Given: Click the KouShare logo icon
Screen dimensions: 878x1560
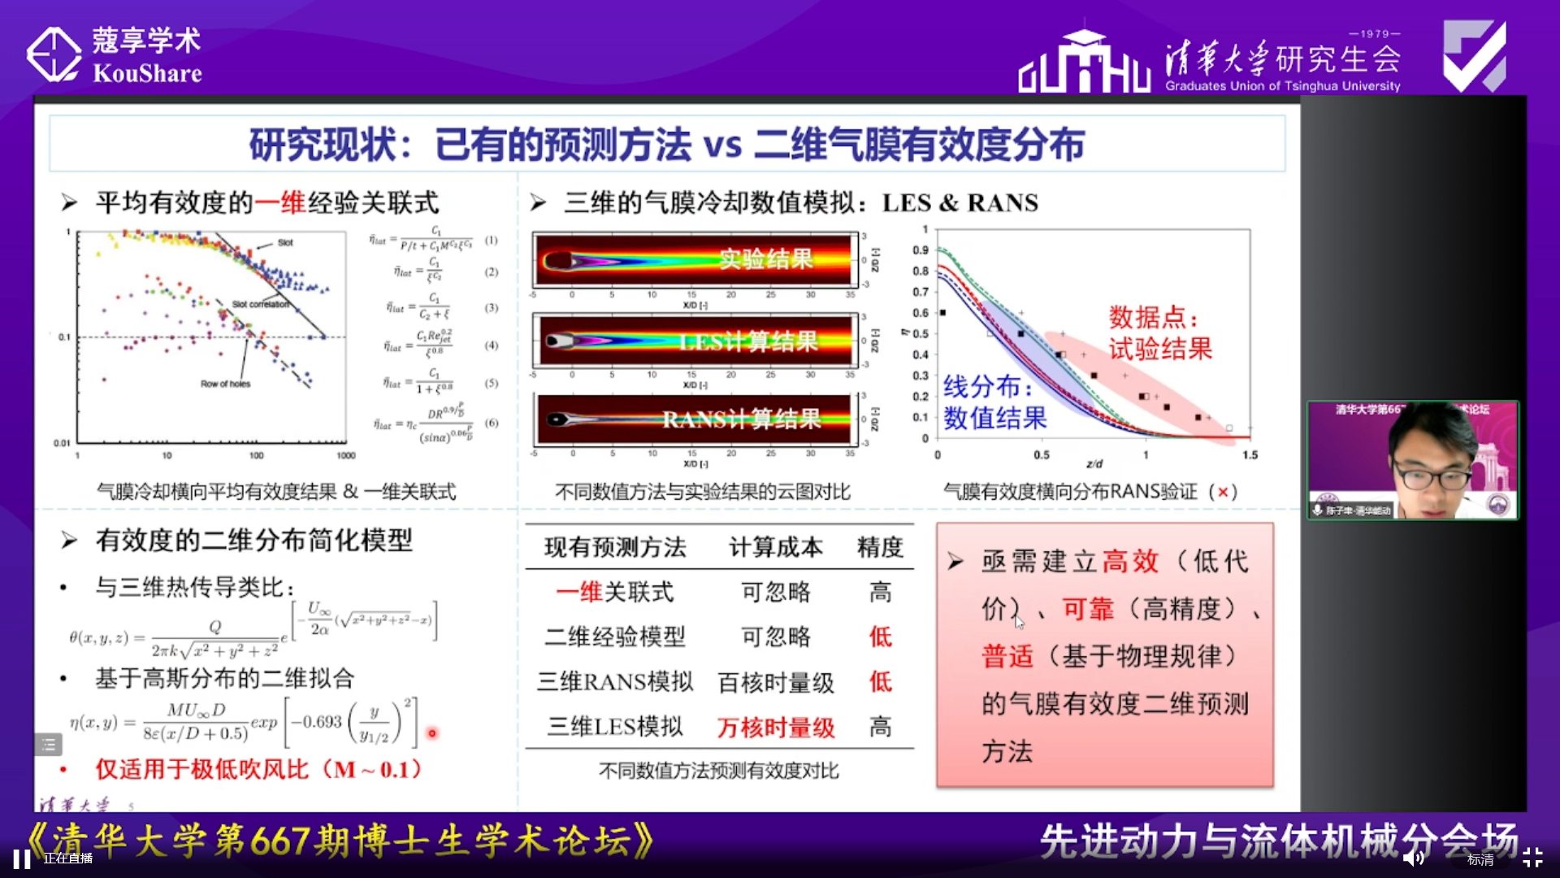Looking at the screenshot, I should pyautogui.click(x=54, y=55).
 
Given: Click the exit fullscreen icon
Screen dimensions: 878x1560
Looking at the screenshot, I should pyautogui.click(x=1532, y=858).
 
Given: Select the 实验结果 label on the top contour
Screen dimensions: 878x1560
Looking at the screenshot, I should pyautogui.click(x=765, y=259).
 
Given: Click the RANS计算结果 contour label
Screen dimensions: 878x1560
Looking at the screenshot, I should pyautogui.click(x=741, y=419).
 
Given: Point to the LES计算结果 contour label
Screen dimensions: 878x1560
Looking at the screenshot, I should pyautogui.click(x=748, y=342).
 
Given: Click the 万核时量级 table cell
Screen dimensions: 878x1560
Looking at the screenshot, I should pyautogui.click(x=776, y=728).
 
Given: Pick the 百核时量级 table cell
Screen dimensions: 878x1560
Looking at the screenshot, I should pyautogui.click(x=776, y=683).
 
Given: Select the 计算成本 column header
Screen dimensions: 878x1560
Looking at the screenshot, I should pyautogui.click(x=775, y=548).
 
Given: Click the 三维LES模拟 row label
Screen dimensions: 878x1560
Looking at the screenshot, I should pyautogui.click(x=615, y=727).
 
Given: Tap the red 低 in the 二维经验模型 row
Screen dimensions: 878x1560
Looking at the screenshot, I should pyautogui.click(x=880, y=637).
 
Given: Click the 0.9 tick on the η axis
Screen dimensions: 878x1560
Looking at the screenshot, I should pyautogui.click(x=920, y=250).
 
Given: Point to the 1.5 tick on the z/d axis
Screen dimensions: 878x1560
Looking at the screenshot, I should pyautogui.click(x=1250, y=455).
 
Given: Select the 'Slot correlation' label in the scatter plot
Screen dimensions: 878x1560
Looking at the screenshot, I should pyautogui.click(x=260, y=305).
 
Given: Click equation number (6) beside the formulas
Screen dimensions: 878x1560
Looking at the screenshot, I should pyautogui.click(x=492, y=423).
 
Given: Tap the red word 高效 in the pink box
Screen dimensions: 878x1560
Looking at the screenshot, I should pyautogui.click(x=1130, y=561).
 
